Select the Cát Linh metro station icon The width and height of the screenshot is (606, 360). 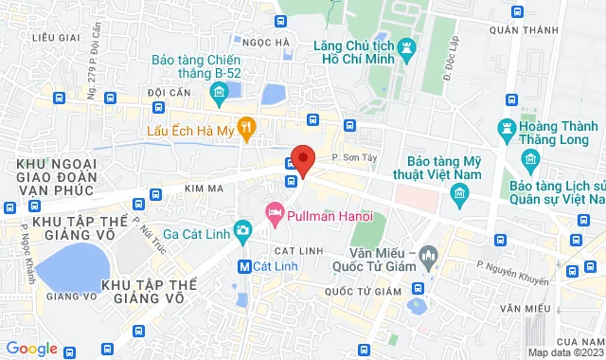coord(245,266)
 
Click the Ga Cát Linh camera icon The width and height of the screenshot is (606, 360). coord(243,229)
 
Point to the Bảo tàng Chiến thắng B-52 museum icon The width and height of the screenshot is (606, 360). coord(219,91)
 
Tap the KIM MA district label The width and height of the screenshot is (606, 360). coord(203,190)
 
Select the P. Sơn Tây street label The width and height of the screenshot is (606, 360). coord(348,156)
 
